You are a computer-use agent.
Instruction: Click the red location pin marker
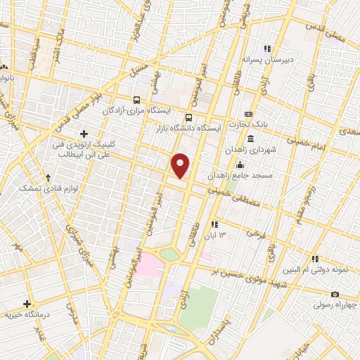(x=181, y=165)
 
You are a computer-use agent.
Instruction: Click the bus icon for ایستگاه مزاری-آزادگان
(x=138, y=100)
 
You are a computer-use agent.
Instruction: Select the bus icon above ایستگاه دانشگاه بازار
(x=188, y=117)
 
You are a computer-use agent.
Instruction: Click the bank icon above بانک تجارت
(x=247, y=114)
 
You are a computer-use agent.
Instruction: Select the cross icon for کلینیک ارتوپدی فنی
(x=84, y=133)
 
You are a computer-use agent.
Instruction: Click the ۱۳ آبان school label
(x=224, y=235)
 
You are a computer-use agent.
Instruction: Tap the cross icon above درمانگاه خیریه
(x=27, y=304)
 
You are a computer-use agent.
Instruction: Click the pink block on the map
(x=150, y=266)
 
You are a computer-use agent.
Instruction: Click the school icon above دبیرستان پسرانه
(x=266, y=49)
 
